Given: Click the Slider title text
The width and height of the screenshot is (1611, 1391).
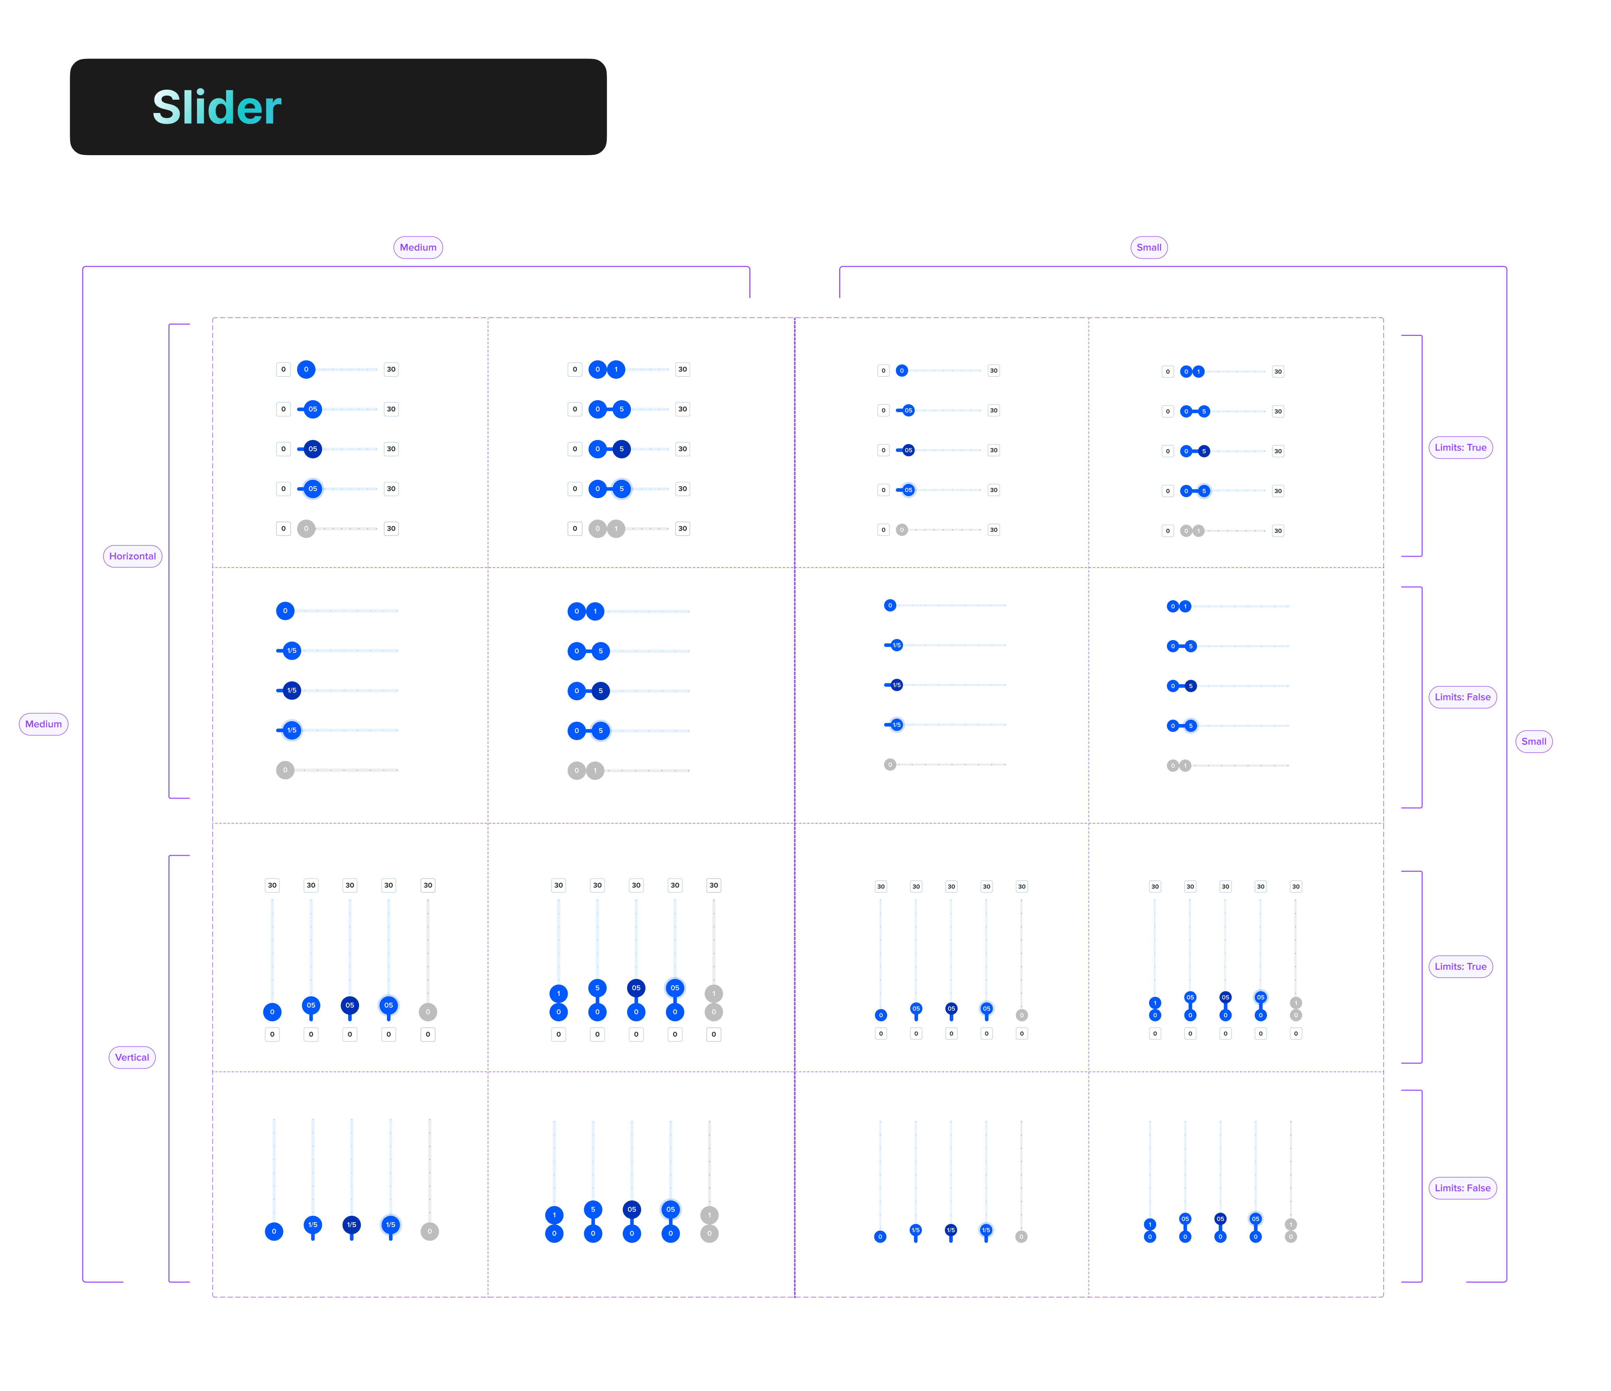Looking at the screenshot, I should (x=217, y=107).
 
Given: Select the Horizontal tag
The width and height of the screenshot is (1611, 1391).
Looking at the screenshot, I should (x=132, y=556).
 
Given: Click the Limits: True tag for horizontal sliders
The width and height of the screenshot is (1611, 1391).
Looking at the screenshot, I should (x=1460, y=447).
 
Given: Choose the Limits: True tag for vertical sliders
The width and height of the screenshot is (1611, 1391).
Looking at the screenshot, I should (x=1460, y=966).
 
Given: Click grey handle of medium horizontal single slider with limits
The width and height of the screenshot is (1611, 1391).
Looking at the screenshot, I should (x=306, y=529).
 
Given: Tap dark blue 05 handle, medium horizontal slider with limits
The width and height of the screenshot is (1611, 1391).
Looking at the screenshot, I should (x=312, y=448).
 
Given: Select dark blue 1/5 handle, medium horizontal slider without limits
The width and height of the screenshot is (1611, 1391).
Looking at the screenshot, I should (x=292, y=690).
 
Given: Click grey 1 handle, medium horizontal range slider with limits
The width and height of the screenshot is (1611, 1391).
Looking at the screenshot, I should (x=616, y=529).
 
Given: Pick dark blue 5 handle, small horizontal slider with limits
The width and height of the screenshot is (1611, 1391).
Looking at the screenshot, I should (x=1204, y=451).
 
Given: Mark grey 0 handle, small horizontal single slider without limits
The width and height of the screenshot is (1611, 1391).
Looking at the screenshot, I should (x=890, y=764).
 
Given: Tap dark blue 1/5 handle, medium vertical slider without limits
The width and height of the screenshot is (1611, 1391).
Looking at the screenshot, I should (x=352, y=1225).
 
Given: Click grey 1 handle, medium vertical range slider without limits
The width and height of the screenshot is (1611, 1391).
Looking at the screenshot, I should (x=709, y=1214).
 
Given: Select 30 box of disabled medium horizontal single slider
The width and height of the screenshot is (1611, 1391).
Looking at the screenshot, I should (x=391, y=529).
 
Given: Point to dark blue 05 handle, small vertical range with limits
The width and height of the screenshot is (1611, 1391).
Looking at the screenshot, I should (x=1225, y=997).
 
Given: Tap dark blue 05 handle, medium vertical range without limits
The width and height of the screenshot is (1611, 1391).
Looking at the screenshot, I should (x=631, y=1209).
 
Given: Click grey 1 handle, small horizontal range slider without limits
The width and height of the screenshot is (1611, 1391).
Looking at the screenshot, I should (x=1185, y=766).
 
